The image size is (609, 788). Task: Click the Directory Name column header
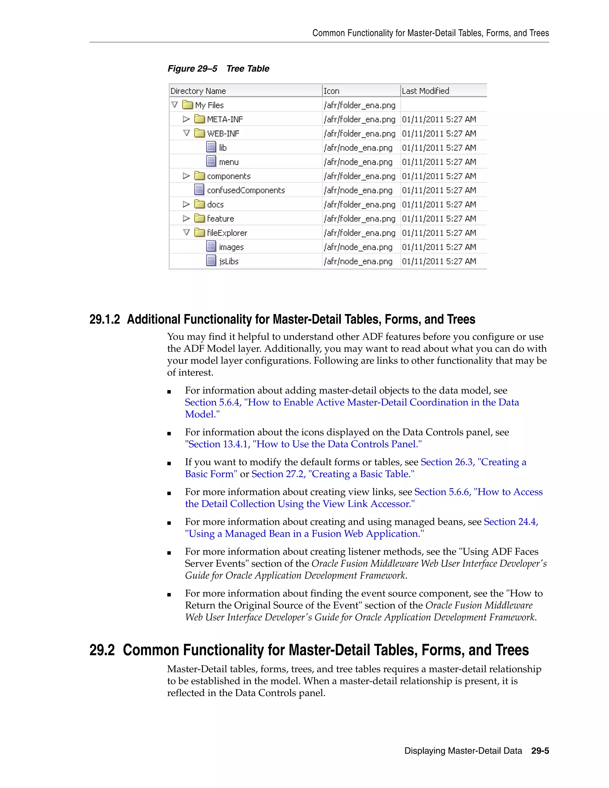tap(198, 91)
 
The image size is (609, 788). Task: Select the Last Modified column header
tap(425, 91)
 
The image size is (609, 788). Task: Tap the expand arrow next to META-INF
tap(186, 119)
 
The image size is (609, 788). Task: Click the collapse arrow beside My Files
tap(175, 105)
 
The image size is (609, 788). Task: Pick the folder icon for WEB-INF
tap(199, 133)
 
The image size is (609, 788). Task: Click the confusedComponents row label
tap(246, 190)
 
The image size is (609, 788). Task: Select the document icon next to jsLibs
tap(211, 260)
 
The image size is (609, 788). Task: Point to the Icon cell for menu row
tap(358, 162)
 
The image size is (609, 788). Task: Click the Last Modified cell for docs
tap(439, 205)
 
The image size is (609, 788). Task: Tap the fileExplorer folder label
tap(227, 233)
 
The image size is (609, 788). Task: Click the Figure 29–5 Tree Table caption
tap(218, 69)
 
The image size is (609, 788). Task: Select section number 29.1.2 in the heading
tap(104, 319)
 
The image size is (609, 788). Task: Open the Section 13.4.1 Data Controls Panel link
tap(304, 444)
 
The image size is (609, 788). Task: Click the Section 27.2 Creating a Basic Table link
tap(333, 474)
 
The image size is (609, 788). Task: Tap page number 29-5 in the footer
tap(540, 751)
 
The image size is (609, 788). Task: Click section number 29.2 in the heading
tap(102, 650)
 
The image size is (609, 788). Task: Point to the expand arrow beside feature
tap(186, 218)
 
